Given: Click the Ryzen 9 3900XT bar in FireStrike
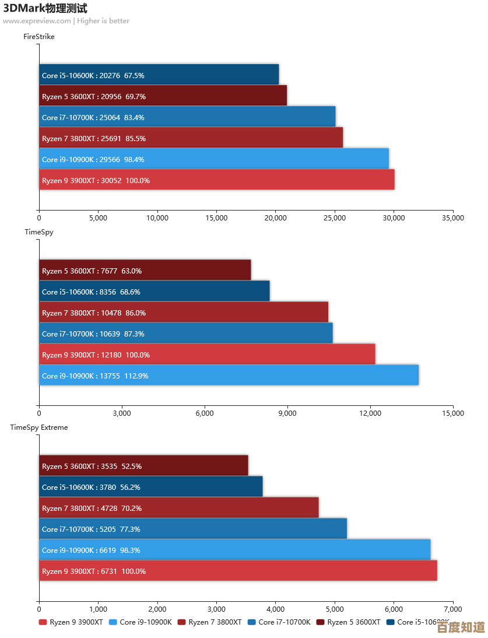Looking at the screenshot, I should point(216,180).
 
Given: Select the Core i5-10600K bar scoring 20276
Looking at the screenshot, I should point(159,75).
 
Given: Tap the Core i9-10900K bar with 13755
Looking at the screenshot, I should point(229,375).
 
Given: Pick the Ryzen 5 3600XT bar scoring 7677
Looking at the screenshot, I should point(145,270).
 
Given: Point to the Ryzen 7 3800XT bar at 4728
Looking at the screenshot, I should point(178,507).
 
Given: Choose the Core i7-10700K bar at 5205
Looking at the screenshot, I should point(192,528).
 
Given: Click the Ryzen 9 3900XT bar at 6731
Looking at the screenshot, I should point(238,570).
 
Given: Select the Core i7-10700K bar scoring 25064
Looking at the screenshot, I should point(187,117).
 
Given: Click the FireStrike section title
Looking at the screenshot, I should point(39,37).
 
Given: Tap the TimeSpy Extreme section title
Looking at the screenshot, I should point(39,427).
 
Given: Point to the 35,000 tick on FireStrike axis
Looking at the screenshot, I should point(452,218).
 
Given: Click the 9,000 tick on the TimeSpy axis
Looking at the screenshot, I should point(287,413).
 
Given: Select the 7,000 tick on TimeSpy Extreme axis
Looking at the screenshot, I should point(452,609).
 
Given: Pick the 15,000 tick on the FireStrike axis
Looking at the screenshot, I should point(216,218).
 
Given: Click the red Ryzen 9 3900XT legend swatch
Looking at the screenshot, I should point(43,622).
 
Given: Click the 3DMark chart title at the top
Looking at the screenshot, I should point(45,9).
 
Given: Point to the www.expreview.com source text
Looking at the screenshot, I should point(37,21).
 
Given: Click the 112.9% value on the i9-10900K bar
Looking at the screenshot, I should point(136,376).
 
